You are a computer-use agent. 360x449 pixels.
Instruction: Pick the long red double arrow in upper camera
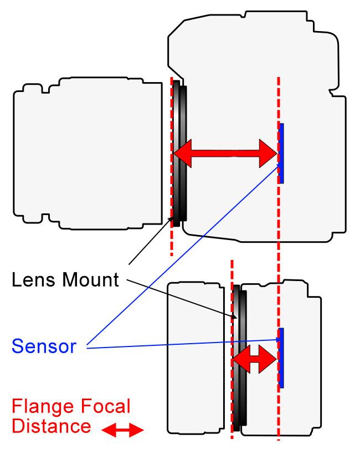pyautogui.click(x=225, y=152)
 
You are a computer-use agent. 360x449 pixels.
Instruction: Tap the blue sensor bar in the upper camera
pyautogui.click(x=281, y=153)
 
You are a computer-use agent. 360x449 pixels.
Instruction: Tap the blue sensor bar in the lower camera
pyautogui.click(x=281, y=358)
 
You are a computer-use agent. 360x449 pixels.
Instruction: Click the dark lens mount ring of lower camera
pyautogui.click(x=239, y=358)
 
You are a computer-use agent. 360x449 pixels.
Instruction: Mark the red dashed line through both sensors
pyautogui.click(x=278, y=255)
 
